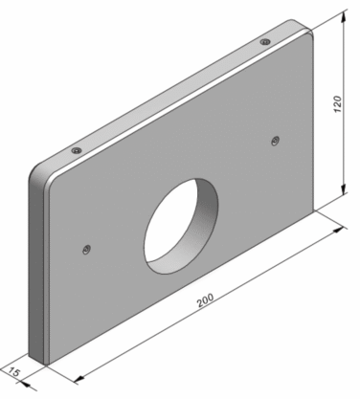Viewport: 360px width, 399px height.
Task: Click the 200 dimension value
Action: click(x=205, y=300)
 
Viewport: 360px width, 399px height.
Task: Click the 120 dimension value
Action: click(x=337, y=103)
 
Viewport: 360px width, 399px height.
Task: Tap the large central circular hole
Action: click(x=181, y=226)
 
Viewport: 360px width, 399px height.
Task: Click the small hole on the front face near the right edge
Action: click(x=275, y=141)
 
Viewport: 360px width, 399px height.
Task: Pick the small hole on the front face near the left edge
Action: click(x=86, y=249)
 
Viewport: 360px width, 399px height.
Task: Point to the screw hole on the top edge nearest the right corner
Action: click(x=264, y=42)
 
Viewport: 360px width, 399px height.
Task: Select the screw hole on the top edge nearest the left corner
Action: click(x=77, y=150)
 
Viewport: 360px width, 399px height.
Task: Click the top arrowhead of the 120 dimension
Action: click(x=344, y=17)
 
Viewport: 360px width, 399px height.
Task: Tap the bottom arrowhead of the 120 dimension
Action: click(x=344, y=188)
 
